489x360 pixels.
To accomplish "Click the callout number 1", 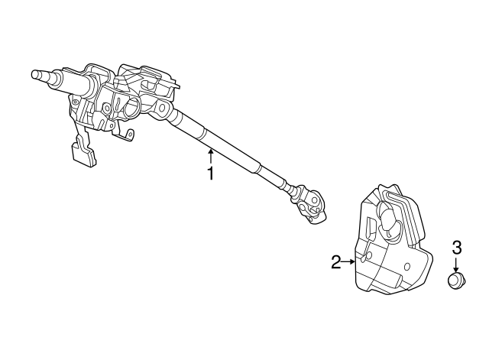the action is click(211, 174).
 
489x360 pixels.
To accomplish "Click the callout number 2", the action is click(336, 262).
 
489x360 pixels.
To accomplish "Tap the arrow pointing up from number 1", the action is click(211, 156).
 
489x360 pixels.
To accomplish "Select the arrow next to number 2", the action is click(348, 262).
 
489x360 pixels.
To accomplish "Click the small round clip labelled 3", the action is click(456, 279).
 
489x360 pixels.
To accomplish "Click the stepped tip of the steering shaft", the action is click(40, 75).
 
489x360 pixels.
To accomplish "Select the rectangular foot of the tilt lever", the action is click(84, 154).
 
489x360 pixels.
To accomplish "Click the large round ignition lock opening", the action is click(131, 106).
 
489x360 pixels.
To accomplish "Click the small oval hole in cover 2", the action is click(406, 267).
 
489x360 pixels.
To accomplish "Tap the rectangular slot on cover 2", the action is click(372, 227).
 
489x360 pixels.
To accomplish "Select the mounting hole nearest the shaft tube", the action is click(162, 108).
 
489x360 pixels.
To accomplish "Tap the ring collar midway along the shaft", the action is click(204, 135).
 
